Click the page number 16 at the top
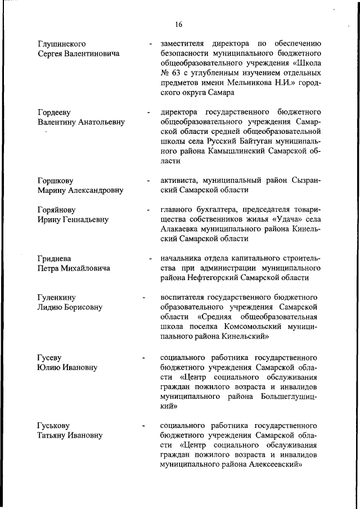(179, 24)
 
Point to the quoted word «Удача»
(280, 220)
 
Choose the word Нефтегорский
(215, 278)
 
